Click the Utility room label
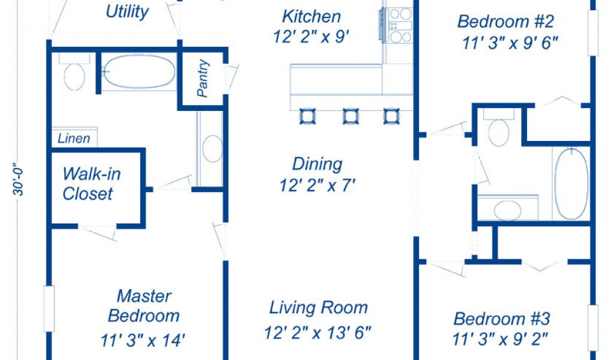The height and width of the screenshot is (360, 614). point(127,12)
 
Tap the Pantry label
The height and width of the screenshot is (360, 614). point(203,79)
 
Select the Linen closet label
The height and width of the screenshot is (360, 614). point(74,138)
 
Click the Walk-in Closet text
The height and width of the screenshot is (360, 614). point(91,184)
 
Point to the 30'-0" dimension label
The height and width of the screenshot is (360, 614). point(19,179)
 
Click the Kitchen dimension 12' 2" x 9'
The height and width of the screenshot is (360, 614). point(311,37)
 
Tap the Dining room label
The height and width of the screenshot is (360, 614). point(317,164)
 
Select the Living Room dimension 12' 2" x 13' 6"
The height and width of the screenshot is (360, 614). point(317,332)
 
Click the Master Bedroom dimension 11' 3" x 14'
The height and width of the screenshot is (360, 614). point(143,340)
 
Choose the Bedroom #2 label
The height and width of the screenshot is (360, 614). point(505,21)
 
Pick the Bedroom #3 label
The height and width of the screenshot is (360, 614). point(502,319)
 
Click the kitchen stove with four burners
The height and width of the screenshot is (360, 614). point(399,25)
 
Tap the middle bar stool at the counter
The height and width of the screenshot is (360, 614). point(350,116)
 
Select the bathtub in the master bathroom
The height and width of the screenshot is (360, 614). point(139,71)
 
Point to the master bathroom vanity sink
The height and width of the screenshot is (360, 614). point(212,149)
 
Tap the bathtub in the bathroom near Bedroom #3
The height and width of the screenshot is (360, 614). point(571,184)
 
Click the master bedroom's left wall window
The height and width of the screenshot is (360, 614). point(49,308)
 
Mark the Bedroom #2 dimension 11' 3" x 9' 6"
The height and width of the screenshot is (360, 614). point(510,43)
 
